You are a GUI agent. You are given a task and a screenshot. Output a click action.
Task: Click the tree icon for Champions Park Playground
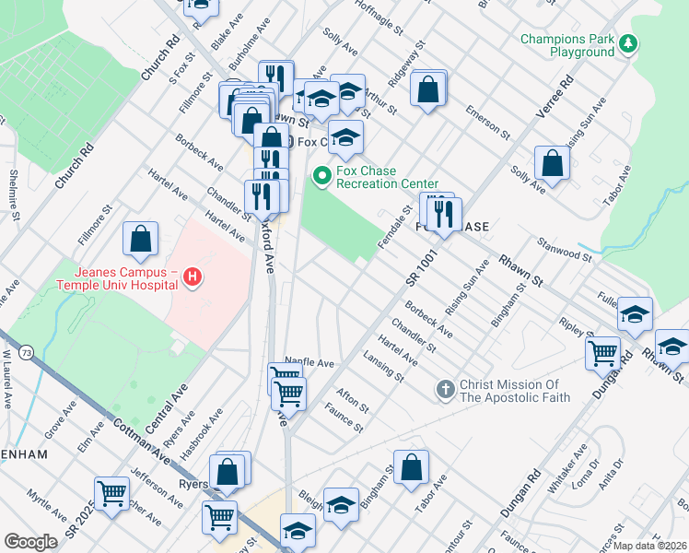[628, 44]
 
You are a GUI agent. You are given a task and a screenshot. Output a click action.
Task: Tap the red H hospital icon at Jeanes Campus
[192, 276]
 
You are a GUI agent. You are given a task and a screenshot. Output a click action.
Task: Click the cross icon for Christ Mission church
[445, 389]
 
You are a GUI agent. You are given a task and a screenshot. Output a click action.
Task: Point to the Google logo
[30, 542]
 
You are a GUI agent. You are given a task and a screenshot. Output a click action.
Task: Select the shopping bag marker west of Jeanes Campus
[139, 240]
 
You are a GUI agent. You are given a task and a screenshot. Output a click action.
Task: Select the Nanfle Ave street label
[309, 363]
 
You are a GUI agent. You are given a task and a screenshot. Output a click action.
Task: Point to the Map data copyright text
[648, 546]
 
